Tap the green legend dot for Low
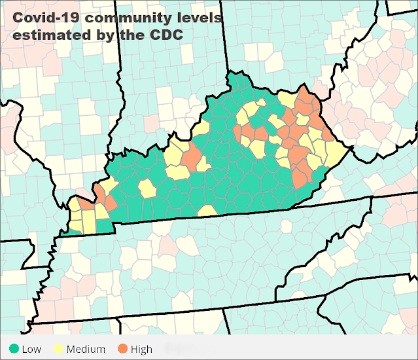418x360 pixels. click(x=12, y=349)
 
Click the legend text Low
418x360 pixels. click(x=31, y=349)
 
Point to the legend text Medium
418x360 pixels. click(x=85, y=349)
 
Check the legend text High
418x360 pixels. click(x=141, y=349)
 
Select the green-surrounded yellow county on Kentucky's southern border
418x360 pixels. click(x=208, y=211)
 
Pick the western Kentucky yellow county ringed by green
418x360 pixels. click(x=147, y=189)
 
